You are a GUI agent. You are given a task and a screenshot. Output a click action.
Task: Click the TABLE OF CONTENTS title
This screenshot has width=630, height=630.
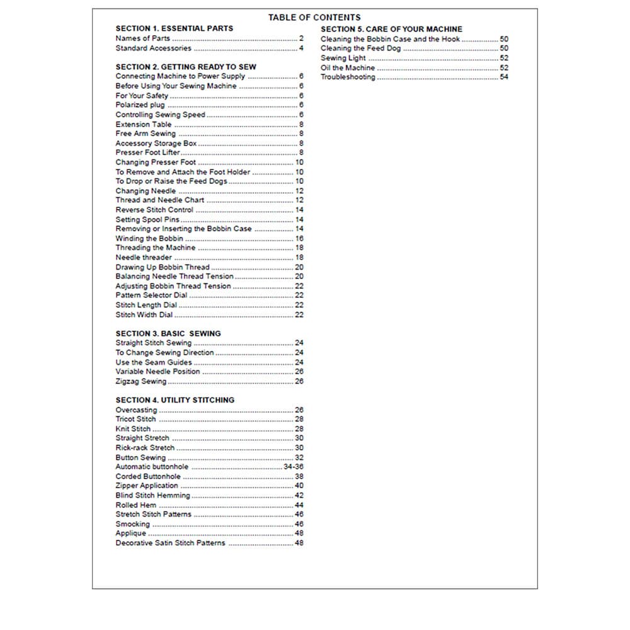click(x=314, y=18)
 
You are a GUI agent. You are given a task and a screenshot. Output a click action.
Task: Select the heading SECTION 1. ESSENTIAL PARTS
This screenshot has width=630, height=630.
click(x=174, y=28)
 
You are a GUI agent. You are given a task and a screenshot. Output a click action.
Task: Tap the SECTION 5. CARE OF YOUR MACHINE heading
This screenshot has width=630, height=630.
click(x=391, y=29)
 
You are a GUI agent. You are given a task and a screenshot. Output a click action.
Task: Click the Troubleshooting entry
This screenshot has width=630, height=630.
click(x=348, y=77)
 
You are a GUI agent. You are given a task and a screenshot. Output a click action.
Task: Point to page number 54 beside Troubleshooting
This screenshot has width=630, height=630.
click(x=504, y=77)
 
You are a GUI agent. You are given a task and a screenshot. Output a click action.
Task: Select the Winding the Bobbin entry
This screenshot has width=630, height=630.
click(x=149, y=239)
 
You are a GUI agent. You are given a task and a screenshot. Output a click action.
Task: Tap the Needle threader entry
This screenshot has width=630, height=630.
click(x=144, y=258)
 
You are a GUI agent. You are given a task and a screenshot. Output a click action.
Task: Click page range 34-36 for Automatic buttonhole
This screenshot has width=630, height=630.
click(x=294, y=467)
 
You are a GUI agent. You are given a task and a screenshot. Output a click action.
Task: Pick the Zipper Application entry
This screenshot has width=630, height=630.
click(x=147, y=486)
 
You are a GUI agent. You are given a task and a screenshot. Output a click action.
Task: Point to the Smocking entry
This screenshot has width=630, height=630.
click(x=132, y=524)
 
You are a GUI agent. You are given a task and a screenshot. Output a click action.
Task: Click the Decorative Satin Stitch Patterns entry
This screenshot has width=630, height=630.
click(x=170, y=543)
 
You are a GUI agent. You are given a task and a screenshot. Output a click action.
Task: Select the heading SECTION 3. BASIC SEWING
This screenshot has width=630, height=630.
click(x=168, y=333)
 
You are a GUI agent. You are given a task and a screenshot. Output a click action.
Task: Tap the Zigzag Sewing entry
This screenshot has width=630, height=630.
click(x=141, y=381)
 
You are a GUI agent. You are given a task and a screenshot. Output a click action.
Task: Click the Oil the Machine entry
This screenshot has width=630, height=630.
click(x=347, y=67)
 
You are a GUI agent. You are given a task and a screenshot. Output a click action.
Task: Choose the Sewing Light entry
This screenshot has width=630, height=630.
click(x=343, y=58)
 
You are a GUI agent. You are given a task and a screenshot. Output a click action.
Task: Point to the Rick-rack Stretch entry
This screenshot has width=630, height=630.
click(x=145, y=448)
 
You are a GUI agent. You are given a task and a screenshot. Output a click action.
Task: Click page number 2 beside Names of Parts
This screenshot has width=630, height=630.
click(x=301, y=38)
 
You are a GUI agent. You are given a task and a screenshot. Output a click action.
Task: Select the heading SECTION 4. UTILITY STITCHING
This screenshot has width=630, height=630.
click(x=175, y=400)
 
